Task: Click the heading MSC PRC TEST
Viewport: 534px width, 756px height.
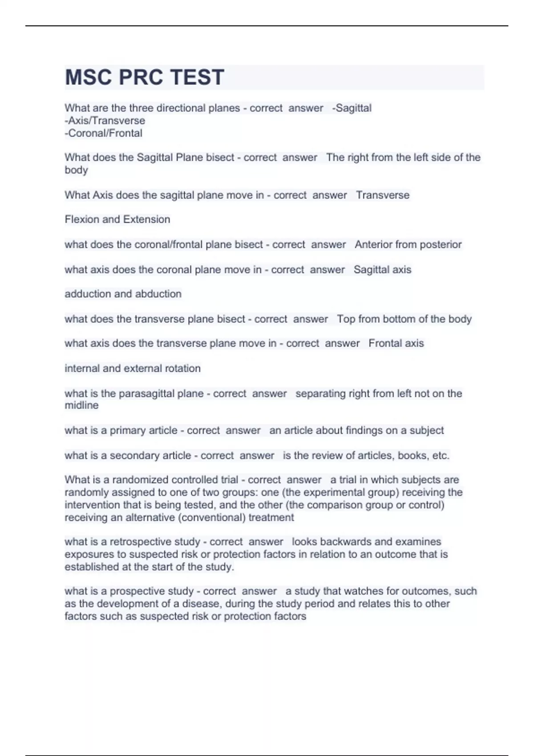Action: tap(145, 77)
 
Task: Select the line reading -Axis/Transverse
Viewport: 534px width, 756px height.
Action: tap(105, 121)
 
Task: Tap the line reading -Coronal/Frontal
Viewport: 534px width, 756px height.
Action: tap(104, 133)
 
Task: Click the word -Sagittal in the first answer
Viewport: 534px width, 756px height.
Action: tap(352, 108)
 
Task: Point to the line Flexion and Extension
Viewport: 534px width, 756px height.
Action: tap(117, 219)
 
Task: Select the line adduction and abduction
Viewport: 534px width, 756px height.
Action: tap(123, 294)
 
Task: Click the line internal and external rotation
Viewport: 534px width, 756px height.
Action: tap(133, 368)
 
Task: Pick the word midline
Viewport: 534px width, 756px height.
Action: tap(82, 406)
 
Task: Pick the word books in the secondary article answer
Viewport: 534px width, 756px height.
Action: tap(412, 455)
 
